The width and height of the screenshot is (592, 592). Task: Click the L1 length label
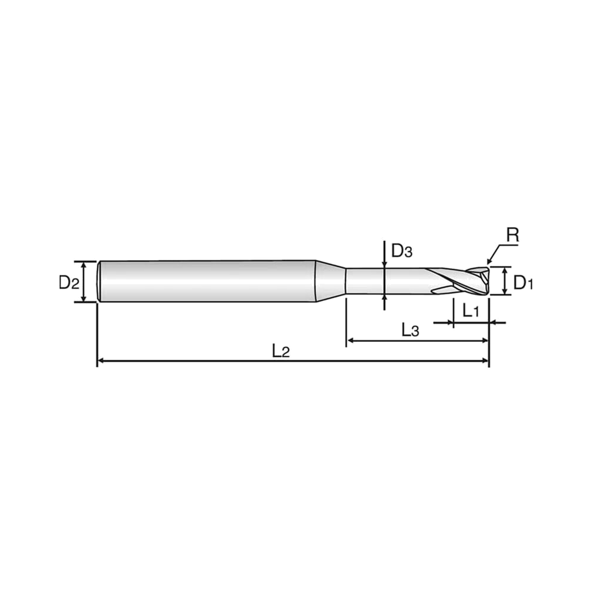470,311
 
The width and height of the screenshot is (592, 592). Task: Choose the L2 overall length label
281,351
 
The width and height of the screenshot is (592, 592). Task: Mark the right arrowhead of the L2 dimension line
485,361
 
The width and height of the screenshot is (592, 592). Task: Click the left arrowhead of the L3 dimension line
350,340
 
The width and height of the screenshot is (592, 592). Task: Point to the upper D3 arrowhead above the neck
384,265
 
